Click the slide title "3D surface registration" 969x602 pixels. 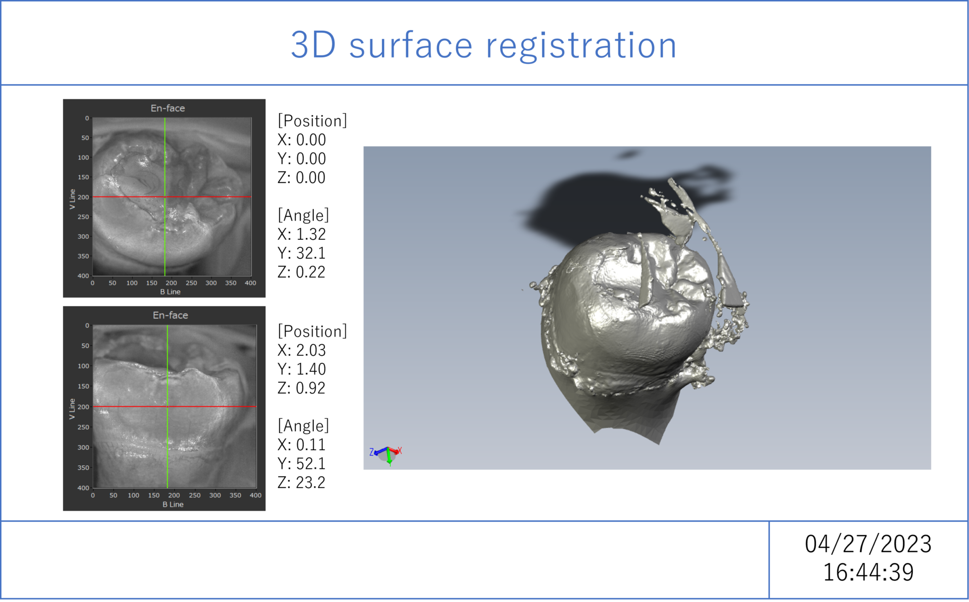coord(483,45)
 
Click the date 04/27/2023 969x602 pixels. coord(868,544)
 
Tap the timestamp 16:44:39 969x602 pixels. coord(868,572)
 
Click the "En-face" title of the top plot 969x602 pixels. coord(168,108)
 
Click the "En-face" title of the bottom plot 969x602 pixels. coord(170,315)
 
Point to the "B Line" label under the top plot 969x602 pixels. coord(170,292)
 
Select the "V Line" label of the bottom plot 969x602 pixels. coord(72,409)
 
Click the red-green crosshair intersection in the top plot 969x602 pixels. coord(165,197)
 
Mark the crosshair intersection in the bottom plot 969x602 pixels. coord(168,406)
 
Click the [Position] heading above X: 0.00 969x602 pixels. coord(312,121)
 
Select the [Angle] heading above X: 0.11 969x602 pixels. coord(303,426)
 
